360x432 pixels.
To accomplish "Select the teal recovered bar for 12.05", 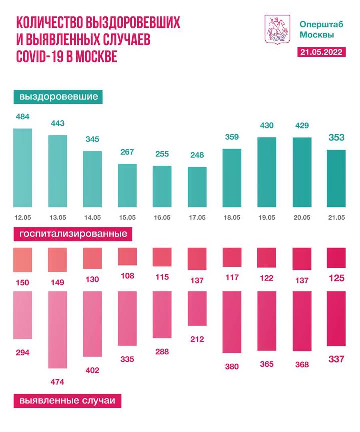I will tap(23, 168).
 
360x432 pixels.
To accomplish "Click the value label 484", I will tap(23, 117).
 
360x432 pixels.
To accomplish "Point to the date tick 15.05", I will tap(127, 217).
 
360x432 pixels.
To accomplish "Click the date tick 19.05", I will tap(267, 217).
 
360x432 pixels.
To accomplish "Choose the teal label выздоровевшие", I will tap(58, 96).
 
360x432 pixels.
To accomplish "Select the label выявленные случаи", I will tap(67, 401).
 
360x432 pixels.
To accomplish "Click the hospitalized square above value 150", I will tap(23, 259).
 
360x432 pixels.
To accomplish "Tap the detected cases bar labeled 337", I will tap(336, 319).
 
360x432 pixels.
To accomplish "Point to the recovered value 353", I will tap(336, 137).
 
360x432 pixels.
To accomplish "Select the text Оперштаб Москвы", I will tap(317, 29).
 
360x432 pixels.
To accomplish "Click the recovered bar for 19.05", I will tap(267, 172).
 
